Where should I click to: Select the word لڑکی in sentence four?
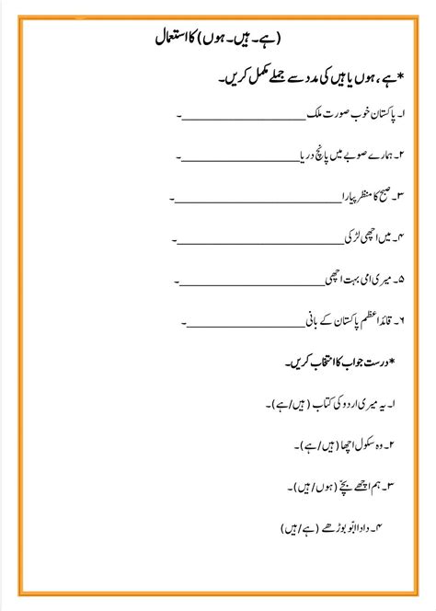point(354,236)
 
